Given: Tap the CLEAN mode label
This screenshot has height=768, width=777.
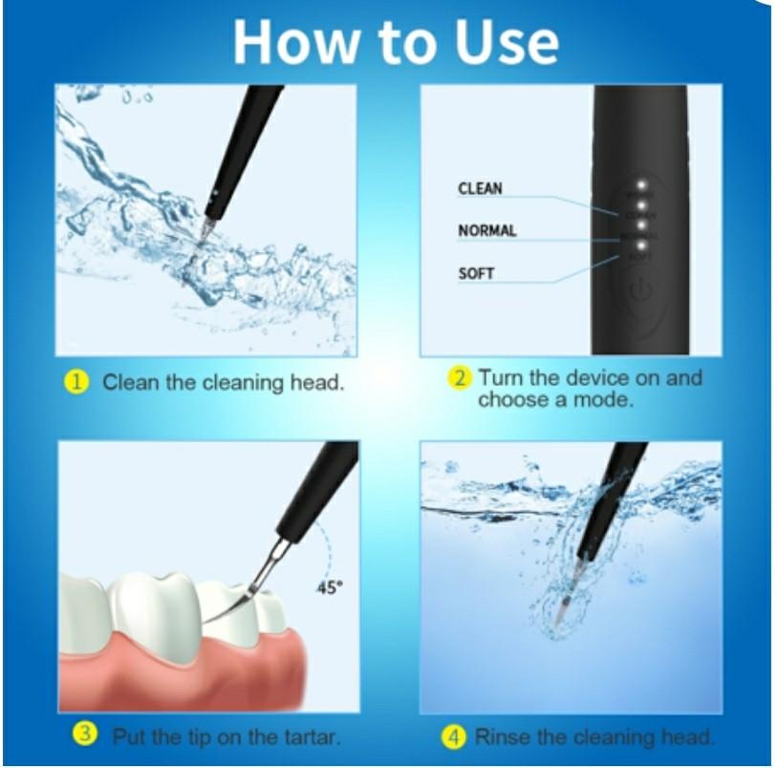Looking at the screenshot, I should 480,188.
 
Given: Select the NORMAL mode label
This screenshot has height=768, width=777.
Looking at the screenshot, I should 486,230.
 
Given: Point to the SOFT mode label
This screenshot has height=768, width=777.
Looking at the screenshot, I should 476,274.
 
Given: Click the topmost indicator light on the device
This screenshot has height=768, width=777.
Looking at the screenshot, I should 641,183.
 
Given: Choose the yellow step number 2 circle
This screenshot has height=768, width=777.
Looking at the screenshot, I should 461,377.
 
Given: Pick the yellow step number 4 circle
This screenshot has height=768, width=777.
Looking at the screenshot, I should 454,736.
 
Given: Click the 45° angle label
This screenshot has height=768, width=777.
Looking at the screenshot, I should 328,588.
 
